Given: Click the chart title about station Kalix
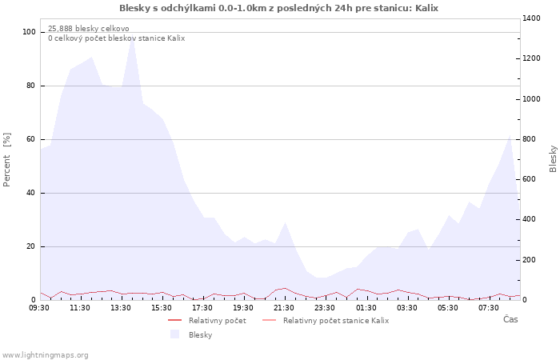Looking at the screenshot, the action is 278,8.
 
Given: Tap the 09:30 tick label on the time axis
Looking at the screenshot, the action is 39,308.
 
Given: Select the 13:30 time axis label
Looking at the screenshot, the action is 121,308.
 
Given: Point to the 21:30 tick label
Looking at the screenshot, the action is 284,308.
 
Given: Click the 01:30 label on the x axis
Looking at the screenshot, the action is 366,308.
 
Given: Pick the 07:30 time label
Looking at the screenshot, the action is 489,308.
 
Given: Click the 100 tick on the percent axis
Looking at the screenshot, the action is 29,32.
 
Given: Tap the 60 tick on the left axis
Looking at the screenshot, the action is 30,139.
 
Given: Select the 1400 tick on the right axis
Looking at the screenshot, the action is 532,18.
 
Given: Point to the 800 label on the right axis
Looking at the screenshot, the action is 530,139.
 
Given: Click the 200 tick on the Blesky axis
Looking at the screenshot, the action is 530,260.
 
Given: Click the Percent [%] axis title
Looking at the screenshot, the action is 6,160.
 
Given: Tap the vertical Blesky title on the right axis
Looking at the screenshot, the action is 553,158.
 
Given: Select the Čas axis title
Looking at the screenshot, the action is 510,319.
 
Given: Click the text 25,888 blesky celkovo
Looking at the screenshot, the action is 89,29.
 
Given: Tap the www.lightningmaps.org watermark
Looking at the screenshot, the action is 44,355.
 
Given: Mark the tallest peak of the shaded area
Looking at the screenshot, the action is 132,37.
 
